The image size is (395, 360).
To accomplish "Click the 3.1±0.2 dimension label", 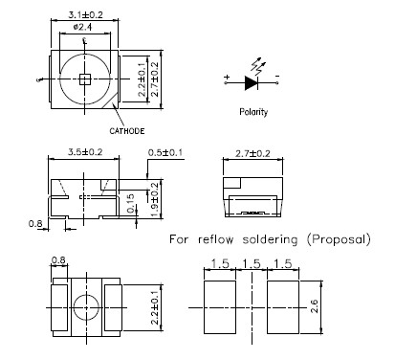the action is click(85, 14).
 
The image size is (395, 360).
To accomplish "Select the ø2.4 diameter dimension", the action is click(82, 27).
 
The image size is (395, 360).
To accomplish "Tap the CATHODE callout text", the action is click(126, 131).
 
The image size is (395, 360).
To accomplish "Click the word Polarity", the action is click(253, 112).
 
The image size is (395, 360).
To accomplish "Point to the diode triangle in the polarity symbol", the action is click(251, 83).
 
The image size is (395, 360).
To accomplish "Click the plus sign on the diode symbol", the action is click(227, 77).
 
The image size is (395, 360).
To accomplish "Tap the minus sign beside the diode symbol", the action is click(277, 76).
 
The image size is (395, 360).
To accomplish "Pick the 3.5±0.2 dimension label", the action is click(85, 152).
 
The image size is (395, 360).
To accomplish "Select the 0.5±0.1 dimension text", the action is click(165, 152).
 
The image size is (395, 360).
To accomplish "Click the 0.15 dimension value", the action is click(130, 203).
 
